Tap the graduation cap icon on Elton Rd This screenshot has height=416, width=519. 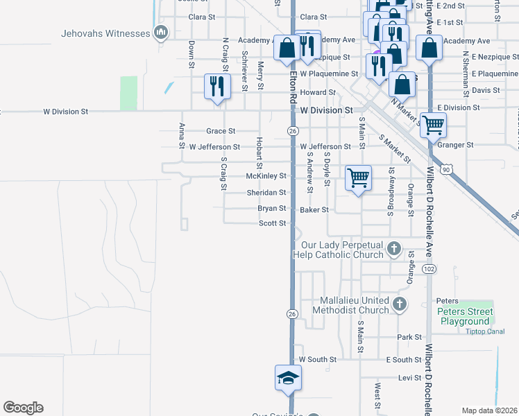287,378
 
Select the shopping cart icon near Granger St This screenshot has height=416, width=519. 433,125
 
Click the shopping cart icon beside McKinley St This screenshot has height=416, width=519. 358,178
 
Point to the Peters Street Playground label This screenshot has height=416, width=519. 465,317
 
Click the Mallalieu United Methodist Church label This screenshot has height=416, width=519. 354,305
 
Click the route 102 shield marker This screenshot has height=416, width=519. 429,268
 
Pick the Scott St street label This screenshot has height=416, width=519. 273,223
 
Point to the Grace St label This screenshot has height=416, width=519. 221,130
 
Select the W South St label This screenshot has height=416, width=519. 317,360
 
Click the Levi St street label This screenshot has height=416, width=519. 406,377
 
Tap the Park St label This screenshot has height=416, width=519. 405,337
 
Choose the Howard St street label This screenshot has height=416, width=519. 318,92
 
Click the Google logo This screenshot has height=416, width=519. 23,408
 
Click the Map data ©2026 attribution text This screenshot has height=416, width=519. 488,410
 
